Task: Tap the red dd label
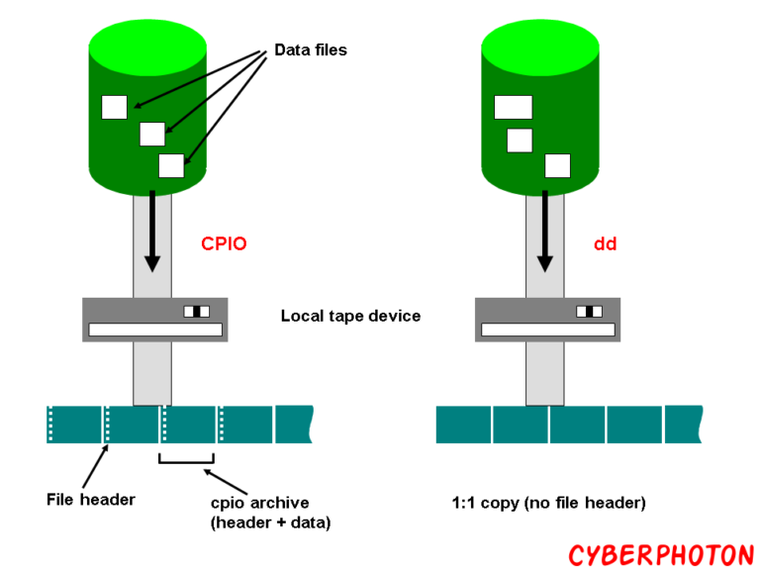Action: point(605,243)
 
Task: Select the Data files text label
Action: point(311,49)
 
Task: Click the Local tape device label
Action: point(350,317)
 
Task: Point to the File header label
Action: point(91,499)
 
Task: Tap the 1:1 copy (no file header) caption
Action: point(548,503)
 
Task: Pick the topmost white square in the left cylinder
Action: point(114,107)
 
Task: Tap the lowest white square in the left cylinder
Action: point(171,165)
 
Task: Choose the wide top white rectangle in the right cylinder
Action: point(513,107)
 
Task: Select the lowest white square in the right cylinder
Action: point(557,165)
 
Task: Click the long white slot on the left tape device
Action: point(155,330)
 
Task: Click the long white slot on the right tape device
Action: point(547,330)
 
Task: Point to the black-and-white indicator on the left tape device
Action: point(197,312)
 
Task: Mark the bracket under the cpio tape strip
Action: point(187,460)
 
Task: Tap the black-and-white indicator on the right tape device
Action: point(589,312)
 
